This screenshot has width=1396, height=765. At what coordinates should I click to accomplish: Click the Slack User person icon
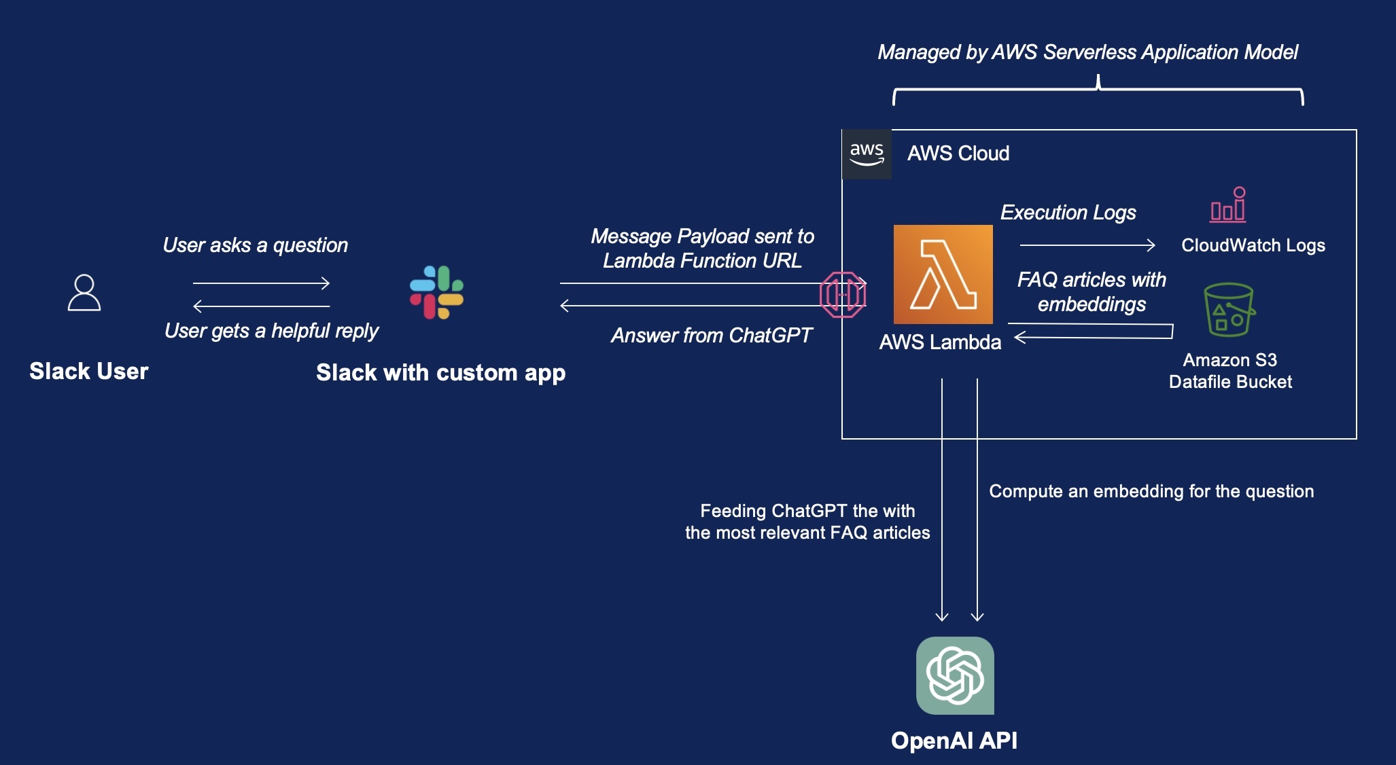(84, 293)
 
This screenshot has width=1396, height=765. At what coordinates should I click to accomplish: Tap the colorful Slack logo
(436, 292)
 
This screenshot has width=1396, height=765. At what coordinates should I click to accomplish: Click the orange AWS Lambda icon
(943, 274)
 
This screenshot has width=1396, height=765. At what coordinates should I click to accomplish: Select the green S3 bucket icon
(1229, 310)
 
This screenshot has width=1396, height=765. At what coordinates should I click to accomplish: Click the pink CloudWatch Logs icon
(1228, 205)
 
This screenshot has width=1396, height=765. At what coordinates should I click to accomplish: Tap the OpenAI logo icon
(955, 675)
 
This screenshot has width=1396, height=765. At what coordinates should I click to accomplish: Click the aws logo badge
(867, 154)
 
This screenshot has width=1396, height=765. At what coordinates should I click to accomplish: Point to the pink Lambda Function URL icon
(843, 295)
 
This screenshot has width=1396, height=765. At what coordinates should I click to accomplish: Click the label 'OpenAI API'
(954, 741)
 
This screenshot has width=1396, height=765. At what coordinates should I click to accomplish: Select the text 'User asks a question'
(255, 245)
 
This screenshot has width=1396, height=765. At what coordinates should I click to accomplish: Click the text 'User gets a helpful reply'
(271, 331)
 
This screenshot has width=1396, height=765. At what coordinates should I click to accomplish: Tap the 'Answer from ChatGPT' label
(711, 336)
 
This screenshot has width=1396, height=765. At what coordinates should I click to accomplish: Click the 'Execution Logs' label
(1068, 213)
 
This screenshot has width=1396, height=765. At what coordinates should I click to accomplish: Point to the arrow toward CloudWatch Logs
(1087, 245)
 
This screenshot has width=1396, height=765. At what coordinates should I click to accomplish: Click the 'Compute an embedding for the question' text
(1151, 491)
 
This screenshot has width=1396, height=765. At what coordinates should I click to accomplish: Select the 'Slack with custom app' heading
(440, 373)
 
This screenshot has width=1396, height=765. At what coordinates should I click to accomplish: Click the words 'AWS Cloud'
(958, 154)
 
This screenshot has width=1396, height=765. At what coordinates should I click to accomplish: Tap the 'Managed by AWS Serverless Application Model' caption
(1087, 52)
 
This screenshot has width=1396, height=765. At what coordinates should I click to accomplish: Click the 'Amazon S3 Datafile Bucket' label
(1229, 371)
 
